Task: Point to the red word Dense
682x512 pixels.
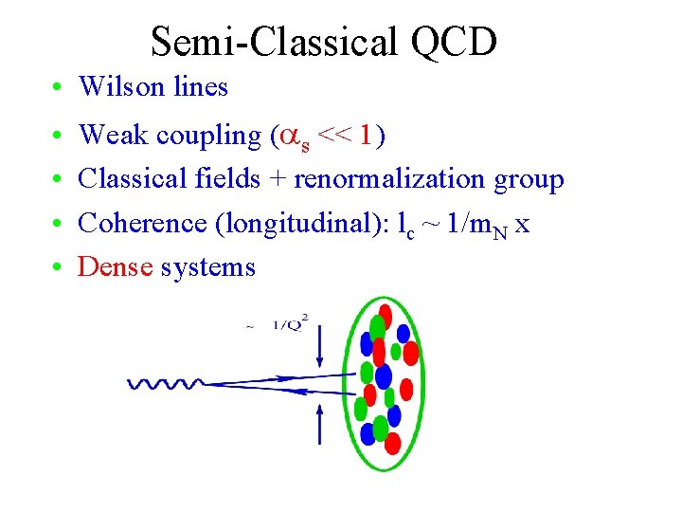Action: (116, 267)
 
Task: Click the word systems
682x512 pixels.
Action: (208, 268)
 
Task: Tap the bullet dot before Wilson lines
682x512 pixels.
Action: (59, 87)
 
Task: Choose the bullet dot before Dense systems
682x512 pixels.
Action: (59, 267)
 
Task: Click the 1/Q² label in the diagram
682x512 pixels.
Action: (290, 323)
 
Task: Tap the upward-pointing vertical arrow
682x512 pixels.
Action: (320, 423)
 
